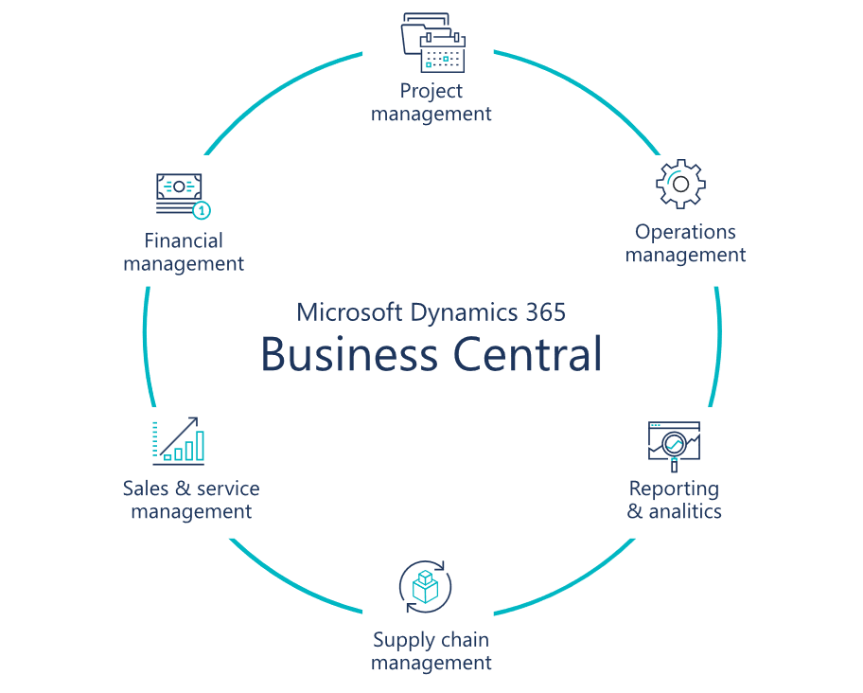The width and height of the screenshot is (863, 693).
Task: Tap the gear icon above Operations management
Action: (x=680, y=184)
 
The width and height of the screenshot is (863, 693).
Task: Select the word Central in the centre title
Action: (x=526, y=354)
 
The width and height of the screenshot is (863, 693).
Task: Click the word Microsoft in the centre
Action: (x=349, y=311)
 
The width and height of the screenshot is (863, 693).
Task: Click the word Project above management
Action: (x=431, y=91)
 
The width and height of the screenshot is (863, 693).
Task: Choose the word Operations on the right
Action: (x=685, y=232)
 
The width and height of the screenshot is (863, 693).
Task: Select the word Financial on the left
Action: (x=184, y=240)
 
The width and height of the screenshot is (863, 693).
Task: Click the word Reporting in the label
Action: (x=674, y=489)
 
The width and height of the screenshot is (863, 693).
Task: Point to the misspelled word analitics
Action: (x=685, y=511)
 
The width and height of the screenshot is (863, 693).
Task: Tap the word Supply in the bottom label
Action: (x=401, y=640)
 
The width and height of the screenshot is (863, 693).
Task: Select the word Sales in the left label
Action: (x=144, y=489)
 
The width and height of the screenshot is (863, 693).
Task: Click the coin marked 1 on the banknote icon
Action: (x=202, y=210)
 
